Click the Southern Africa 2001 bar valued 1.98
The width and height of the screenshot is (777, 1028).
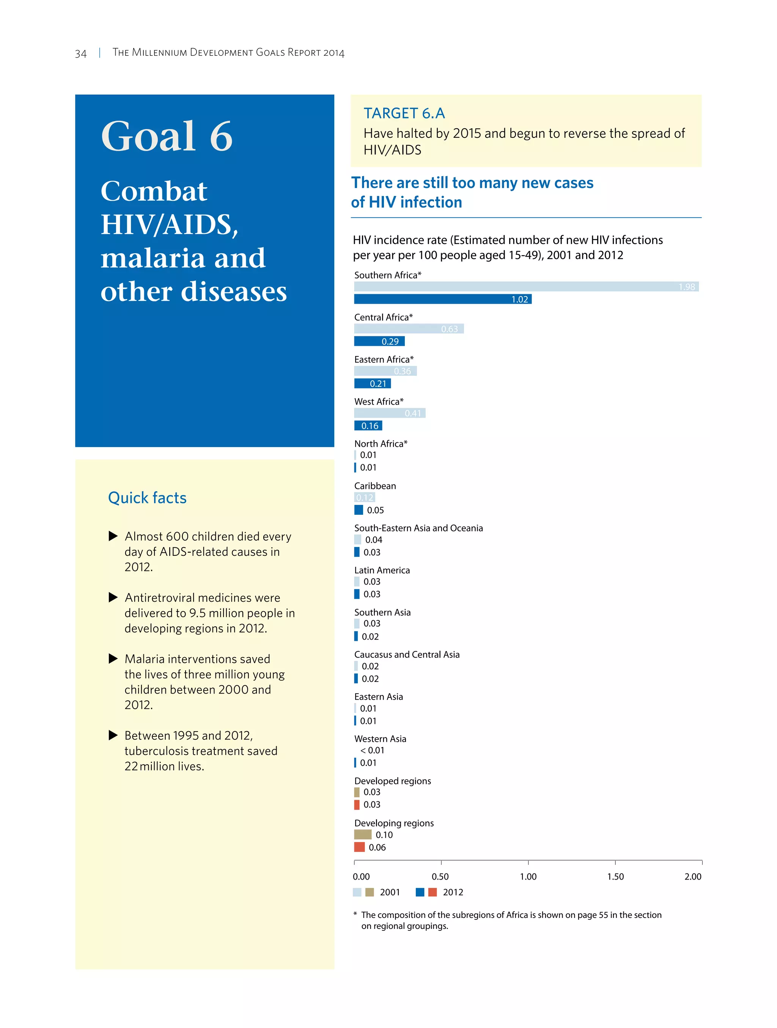(526, 286)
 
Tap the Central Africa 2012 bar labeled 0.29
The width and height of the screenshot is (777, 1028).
(379, 341)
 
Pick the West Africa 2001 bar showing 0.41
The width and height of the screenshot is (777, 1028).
(389, 413)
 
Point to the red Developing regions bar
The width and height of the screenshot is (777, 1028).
(359, 847)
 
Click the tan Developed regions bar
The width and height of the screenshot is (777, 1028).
(357, 791)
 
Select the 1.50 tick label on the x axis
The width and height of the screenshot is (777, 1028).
(615, 877)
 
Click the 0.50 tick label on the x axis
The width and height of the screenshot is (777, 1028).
(440, 877)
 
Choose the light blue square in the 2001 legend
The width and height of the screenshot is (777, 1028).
(357, 892)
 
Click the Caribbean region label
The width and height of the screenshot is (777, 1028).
(375, 486)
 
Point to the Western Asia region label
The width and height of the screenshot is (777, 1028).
(380, 738)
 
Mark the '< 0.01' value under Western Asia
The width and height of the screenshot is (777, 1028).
(372, 750)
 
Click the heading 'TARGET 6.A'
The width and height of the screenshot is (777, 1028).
(404, 113)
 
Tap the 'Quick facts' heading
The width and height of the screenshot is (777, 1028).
(147, 498)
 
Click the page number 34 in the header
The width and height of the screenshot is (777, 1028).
(81, 54)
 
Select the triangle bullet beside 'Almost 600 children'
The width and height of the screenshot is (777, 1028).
(113, 536)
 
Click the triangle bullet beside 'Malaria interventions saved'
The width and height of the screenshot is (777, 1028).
(113, 659)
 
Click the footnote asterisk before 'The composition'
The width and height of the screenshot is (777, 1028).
(355, 914)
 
